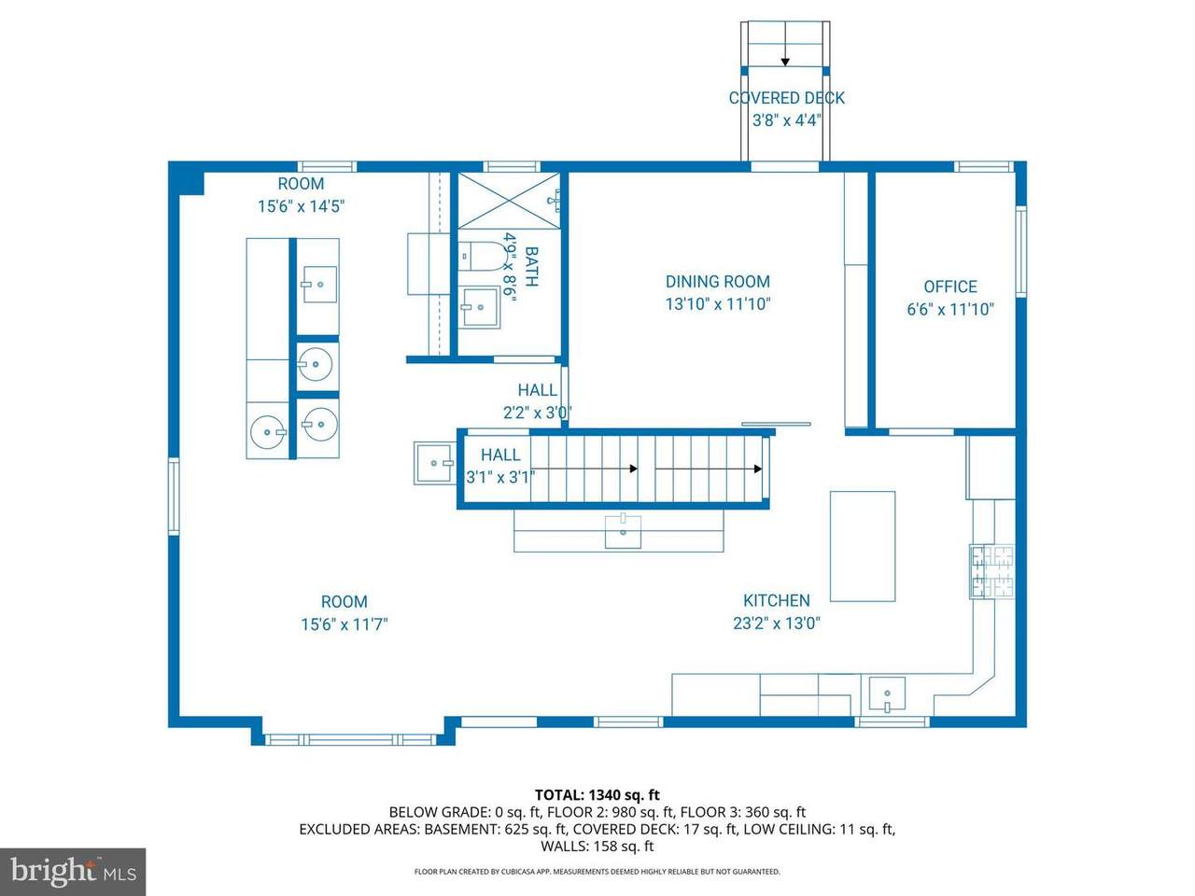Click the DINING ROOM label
pyautogui.click(x=718, y=282)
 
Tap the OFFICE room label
pyautogui.click(x=950, y=287)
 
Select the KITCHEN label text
pyautogui.click(x=777, y=600)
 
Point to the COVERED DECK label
pyautogui.click(x=787, y=98)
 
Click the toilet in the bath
pyautogui.click(x=481, y=257)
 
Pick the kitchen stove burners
pyautogui.click(x=992, y=572)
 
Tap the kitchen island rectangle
pyautogui.click(x=863, y=546)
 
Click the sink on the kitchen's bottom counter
pyautogui.click(x=886, y=693)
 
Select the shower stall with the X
pyautogui.click(x=509, y=200)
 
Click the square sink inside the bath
pyautogui.click(x=479, y=307)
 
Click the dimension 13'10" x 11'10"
pyautogui.click(x=718, y=304)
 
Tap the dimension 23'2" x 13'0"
pyautogui.click(x=777, y=623)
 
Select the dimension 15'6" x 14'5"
pyautogui.click(x=301, y=206)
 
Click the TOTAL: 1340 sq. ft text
pyautogui.click(x=597, y=795)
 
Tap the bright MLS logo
pyautogui.click(x=73, y=871)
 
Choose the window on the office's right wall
pyautogui.click(x=1020, y=251)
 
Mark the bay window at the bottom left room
pyautogui.click(x=351, y=739)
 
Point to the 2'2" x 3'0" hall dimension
pyautogui.click(x=537, y=413)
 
